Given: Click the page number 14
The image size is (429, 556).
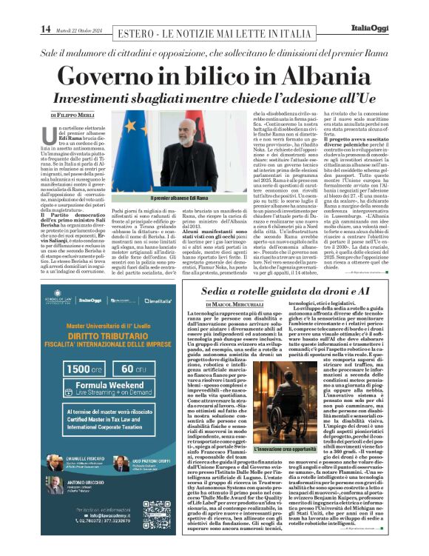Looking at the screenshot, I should [46, 29].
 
